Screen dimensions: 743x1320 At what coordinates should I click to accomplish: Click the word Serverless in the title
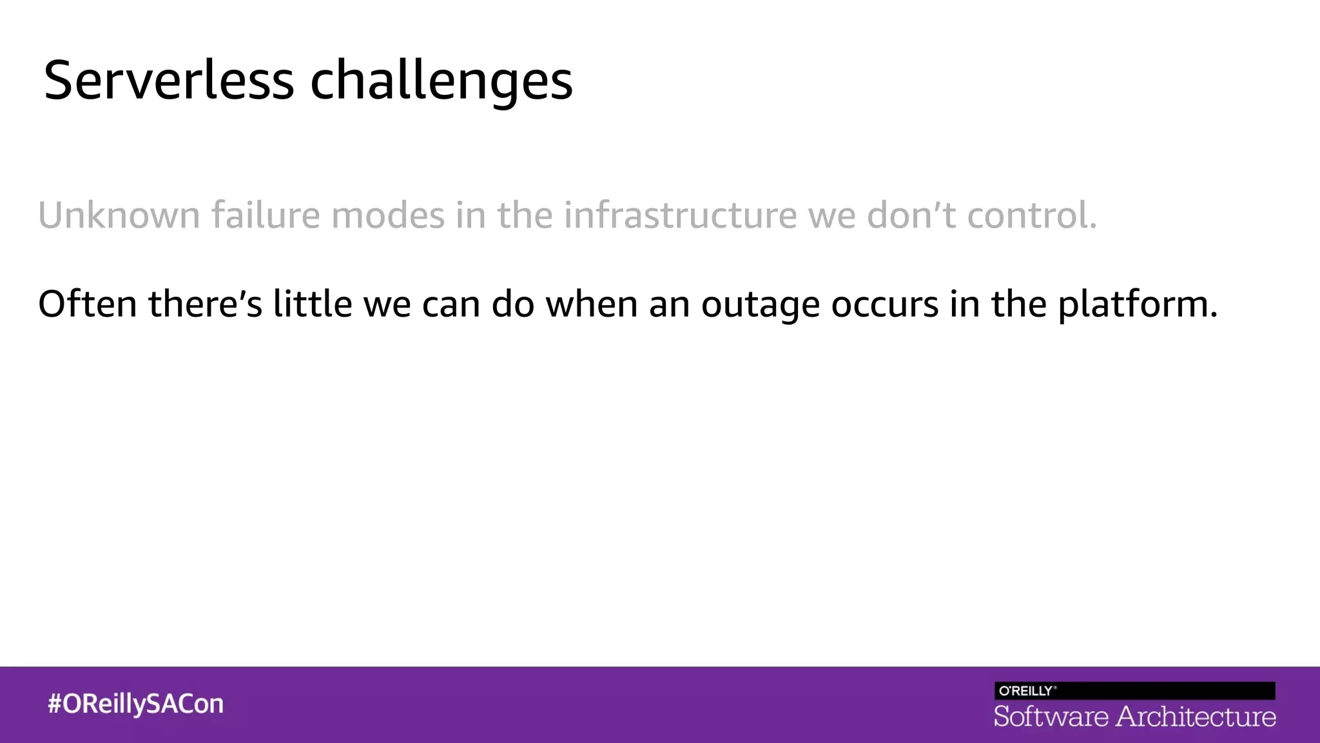tap(169, 81)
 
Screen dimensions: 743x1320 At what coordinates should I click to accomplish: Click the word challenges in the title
tap(442, 81)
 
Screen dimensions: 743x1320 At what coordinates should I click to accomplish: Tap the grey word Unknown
tap(119, 215)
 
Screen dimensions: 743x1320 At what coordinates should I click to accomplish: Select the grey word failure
tap(266, 215)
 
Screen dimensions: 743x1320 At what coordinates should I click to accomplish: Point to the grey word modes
tap(388, 215)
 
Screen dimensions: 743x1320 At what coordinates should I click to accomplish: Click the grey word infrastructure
tap(681, 215)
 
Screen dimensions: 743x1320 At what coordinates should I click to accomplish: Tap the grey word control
tap(1031, 215)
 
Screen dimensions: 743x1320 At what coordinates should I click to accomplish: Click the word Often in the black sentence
tap(87, 304)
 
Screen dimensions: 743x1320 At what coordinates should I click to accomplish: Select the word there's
tap(205, 304)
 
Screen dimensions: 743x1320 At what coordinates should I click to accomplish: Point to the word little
tap(312, 304)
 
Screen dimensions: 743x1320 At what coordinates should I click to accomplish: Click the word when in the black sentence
tap(591, 304)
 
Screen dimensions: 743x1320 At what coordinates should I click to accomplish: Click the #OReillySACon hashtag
tap(135, 704)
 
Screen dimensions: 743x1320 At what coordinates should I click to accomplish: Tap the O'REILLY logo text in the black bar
tap(1027, 691)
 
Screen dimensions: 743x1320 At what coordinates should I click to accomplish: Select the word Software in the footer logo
tap(1051, 717)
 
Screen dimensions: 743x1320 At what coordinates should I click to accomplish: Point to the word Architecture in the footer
tap(1196, 717)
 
